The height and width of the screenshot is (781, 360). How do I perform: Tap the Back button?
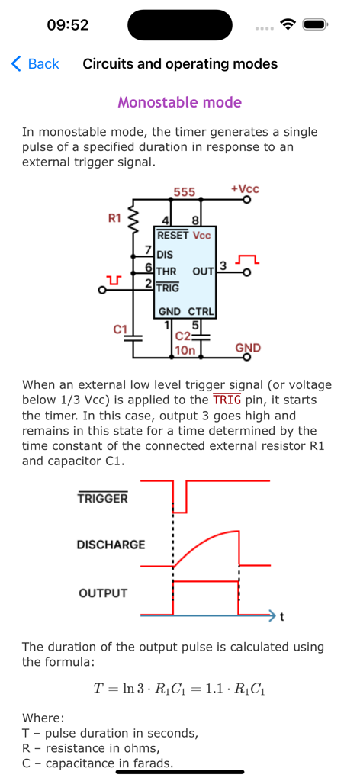pyautogui.click(x=35, y=64)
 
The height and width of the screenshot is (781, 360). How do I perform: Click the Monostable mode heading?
pyautogui.click(x=180, y=102)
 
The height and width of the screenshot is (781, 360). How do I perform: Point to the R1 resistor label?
pyautogui.click(x=114, y=219)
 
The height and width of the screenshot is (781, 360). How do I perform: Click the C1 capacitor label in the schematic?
pyautogui.click(x=120, y=329)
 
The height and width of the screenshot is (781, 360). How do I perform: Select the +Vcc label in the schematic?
pyautogui.click(x=244, y=188)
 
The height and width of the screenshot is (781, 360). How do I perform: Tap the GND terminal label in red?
pyautogui.click(x=248, y=348)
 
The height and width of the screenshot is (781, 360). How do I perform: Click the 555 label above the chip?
pyautogui.click(x=184, y=192)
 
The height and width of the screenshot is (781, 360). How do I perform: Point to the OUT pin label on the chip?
pyautogui.click(x=203, y=272)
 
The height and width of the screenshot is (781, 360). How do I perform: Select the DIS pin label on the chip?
pyautogui.click(x=165, y=255)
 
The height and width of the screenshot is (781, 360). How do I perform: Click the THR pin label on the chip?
pyautogui.click(x=166, y=272)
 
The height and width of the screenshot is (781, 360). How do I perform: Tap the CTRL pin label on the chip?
pyautogui.click(x=202, y=312)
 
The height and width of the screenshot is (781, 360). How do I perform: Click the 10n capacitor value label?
pyautogui.click(x=186, y=350)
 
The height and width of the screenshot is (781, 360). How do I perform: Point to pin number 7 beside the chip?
pyautogui.click(x=148, y=250)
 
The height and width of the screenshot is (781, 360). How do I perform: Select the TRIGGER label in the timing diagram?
pyautogui.click(x=102, y=499)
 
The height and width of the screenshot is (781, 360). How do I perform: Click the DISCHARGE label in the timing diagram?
pyautogui.click(x=111, y=545)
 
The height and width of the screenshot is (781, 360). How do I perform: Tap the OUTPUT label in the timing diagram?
pyautogui.click(x=103, y=593)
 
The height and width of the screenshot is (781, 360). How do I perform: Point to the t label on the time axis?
pyautogui.click(x=282, y=617)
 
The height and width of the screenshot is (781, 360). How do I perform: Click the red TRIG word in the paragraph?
pyautogui.click(x=227, y=400)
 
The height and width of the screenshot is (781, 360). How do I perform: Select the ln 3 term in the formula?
pyautogui.click(x=122, y=689)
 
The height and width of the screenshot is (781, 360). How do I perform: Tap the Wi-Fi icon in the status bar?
pyautogui.click(x=288, y=24)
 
